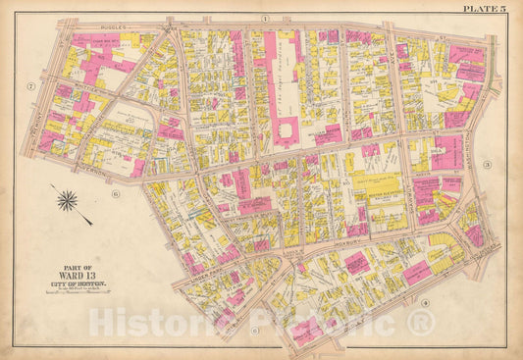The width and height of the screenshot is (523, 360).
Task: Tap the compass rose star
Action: pyautogui.click(x=68, y=202)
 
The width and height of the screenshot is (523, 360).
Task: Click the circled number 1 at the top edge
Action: pyautogui.click(x=265, y=20)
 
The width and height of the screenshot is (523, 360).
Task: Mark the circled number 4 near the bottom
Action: pyautogui.click(x=425, y=302)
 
